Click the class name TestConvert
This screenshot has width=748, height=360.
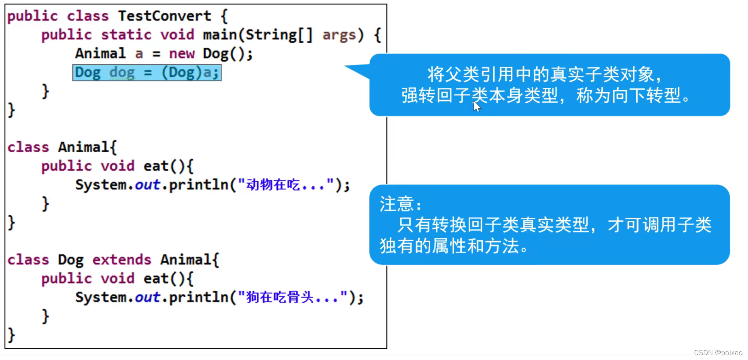click(x=165, y=16)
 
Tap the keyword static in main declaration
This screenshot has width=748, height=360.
click(x=126, y=35)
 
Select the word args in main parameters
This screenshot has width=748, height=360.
click(x=339, y=35)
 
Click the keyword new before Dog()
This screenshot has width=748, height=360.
click(x=182, y=54)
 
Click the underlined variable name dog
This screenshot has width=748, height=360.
click(x=122, y=73)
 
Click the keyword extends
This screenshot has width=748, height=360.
click(x=122, y=260)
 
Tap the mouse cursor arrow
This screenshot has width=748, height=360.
click(x=476, y=106)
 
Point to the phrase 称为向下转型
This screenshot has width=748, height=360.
click(x=628, y=96)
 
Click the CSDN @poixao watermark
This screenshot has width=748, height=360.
click(x=718, y=353)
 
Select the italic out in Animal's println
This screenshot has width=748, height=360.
click(x=147, y=185)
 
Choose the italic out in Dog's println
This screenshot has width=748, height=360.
click(x=147, y=297)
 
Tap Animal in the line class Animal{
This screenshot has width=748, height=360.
click(x=84, y=147)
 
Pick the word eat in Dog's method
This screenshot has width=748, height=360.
click(x=156, y=279)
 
